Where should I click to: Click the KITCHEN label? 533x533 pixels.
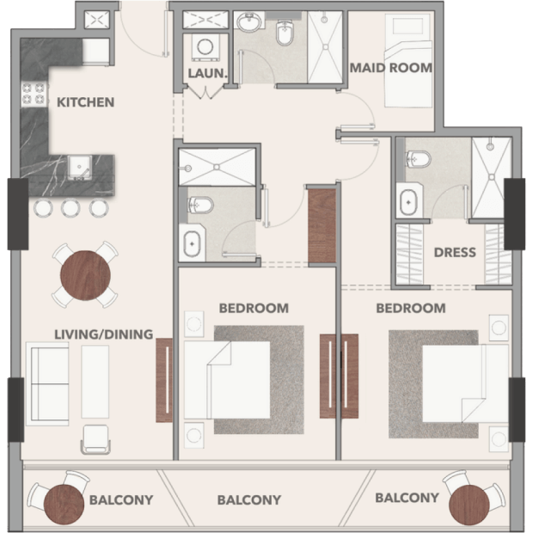pos(85,102)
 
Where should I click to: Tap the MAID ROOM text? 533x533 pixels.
pos(391,68)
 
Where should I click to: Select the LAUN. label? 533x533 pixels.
pos(207,73)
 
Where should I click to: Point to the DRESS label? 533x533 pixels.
pos(455,252)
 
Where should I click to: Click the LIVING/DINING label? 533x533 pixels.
pos(104,334)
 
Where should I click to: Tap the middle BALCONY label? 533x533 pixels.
pos(249,500)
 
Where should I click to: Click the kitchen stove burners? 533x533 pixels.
pos(34,94)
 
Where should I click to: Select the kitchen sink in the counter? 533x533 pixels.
pos(79,168)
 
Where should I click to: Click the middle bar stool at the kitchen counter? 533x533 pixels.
pos(70,207)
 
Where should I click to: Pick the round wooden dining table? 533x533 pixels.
pos(85,275)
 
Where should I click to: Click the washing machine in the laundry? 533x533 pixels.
pos(205,47)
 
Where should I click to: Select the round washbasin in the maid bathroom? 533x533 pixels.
pos(250,22)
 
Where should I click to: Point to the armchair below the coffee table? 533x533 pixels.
pos(95,439)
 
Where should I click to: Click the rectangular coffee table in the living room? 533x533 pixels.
pos(95,382)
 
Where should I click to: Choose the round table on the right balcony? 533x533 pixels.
pos(469,505)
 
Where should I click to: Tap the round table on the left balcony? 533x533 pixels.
pos(64,505)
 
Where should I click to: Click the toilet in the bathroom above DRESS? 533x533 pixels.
pos(419,159)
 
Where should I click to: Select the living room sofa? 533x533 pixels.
pos(47,383)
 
